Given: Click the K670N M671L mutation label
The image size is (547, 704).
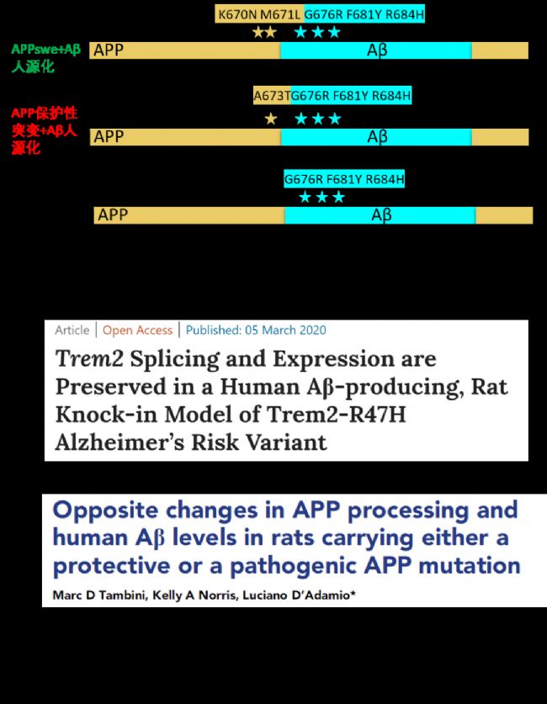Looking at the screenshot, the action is (258, 14).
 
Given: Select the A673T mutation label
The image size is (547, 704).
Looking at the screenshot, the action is (272, 96).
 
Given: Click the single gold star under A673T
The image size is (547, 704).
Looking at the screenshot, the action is (271, 119).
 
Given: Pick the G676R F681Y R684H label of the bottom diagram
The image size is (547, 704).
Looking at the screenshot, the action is (344, 179).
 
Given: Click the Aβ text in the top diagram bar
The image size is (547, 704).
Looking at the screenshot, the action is (377, 50).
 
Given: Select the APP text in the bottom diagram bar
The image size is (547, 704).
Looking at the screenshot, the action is (113, 214).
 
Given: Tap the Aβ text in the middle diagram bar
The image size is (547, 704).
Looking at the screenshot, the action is (377, 136).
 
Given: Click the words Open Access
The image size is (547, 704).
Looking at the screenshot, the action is (137, 330).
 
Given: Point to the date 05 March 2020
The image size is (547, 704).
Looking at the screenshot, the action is (285, 330).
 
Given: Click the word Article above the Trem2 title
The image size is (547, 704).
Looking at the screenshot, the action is (72, 330).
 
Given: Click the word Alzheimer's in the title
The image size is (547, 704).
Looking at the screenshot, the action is (120, 442).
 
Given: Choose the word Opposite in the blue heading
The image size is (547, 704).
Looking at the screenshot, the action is (105, 511).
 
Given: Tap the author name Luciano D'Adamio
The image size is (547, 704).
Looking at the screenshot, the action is (296, 595).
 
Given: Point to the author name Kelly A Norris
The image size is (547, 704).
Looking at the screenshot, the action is (195, 595).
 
